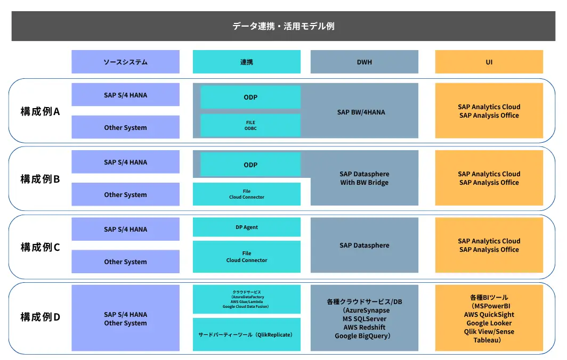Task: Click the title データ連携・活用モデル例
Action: [283, 26]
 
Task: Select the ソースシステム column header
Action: [125, 62]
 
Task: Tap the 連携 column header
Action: [246, 62]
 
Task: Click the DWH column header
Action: [364, 62]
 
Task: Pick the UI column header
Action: [489, 62]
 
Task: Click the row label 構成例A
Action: [40, 112]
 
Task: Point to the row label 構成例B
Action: [40, 179]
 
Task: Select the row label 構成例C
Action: [40, 247]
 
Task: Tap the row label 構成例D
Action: [40, 317]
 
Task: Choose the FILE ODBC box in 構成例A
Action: [250, 125]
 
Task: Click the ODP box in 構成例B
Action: [250, 165]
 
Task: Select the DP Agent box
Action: [246, 227]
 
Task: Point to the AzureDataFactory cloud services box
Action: [246, 299]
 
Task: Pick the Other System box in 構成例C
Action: [125, 261]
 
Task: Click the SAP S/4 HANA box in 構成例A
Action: [125, 95]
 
